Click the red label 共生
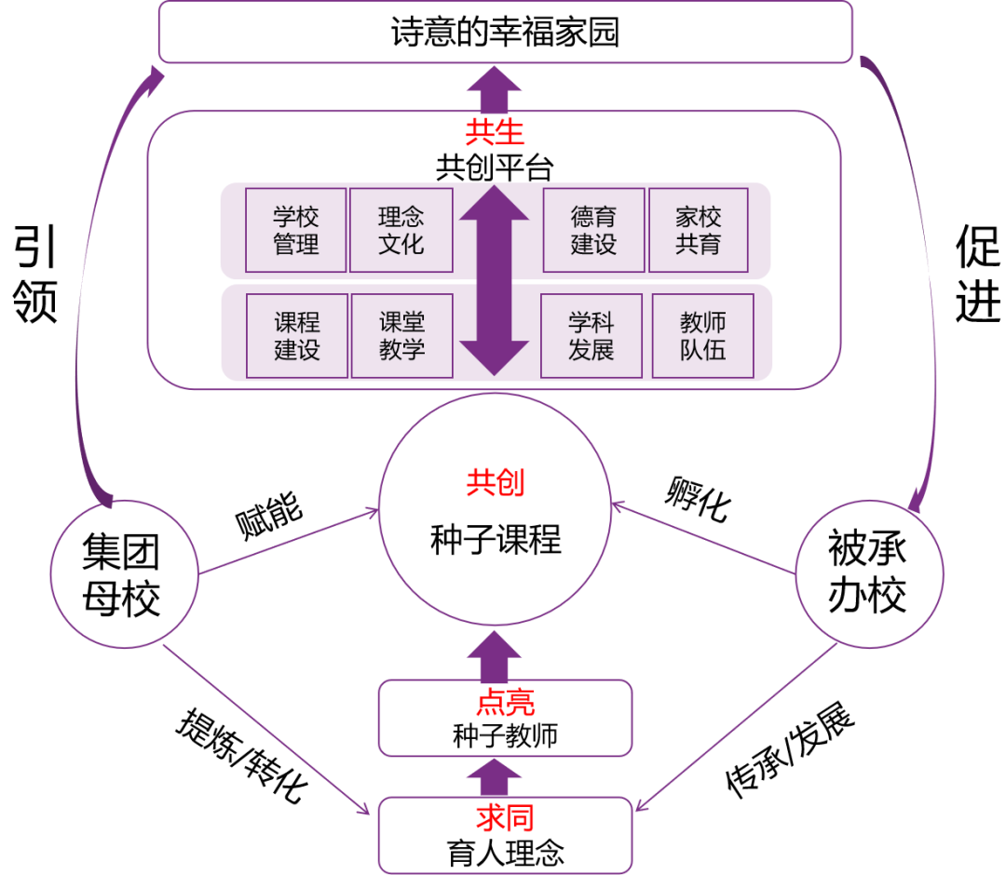point(495,133)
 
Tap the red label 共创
point(495,483)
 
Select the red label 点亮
point(505,703)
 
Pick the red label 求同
point(505,818)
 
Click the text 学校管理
point(296,231)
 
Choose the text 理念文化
point(401,231)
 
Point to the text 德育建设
point(593,231)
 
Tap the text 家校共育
point(699,231)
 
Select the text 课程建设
point(297,336)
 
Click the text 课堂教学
point(401,336)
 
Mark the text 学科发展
point(591,336)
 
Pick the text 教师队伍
point(702,336)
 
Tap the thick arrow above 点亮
point(494,655)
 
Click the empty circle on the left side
point(124,573)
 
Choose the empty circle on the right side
point(869,573)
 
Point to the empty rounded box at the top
point(505,32)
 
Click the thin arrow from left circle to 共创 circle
point(289,542)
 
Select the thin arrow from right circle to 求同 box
point(736,726)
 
